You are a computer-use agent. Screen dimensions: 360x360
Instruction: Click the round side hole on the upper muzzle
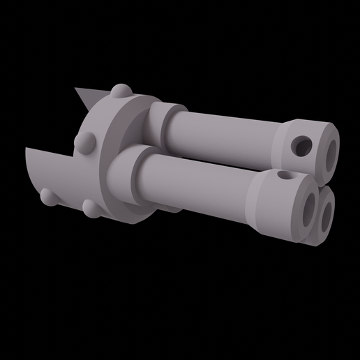point(302,146)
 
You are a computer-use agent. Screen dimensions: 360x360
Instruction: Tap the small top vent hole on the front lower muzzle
point(283,175)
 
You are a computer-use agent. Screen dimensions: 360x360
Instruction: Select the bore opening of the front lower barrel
point(308,209)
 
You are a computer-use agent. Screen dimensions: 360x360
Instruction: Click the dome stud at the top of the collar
point(121,92)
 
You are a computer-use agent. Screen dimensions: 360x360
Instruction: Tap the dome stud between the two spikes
point(87,143)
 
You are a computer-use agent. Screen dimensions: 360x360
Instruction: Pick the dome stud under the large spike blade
point(48,197)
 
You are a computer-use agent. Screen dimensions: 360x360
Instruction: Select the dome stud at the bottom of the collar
point(91,208)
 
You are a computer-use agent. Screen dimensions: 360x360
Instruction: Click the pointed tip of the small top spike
point(76,89)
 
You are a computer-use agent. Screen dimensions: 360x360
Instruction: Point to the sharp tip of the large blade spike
point(27,149)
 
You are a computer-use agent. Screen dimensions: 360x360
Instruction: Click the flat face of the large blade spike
point(49,171)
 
